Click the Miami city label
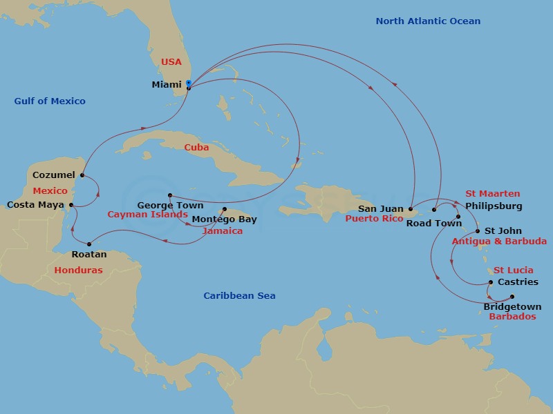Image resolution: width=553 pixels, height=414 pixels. (166, 85)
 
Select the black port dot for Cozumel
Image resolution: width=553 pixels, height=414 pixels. (82, 175)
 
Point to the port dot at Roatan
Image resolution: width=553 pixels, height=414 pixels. (89, 243)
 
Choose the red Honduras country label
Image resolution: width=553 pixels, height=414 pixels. (78, 270)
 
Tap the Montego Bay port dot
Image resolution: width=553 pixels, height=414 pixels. (224, 210)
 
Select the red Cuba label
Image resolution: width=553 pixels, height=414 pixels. (196, 147)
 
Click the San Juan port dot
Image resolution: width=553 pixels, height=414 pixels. (410, 208)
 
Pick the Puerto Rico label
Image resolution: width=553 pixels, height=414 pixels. (373, 219)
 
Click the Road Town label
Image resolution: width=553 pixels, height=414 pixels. (433, 223)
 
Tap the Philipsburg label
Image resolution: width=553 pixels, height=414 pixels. (494, 206)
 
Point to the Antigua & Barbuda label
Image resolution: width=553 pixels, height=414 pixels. (498, 241)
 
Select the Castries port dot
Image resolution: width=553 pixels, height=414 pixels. (491, 282)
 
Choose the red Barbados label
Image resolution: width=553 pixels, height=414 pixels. (512, 317)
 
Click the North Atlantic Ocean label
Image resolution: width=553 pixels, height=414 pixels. (428, 21)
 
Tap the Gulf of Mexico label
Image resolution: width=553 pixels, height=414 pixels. (50, 101)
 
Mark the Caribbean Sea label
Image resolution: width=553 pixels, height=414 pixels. (239, 296)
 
